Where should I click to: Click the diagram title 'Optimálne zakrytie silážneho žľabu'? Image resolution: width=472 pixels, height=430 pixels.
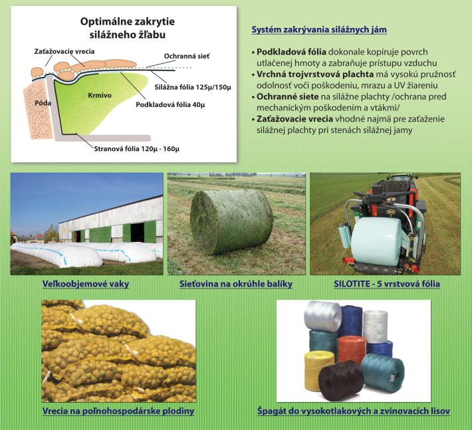(x=128, y=28)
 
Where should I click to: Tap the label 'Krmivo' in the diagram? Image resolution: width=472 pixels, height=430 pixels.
(x=100, y=96)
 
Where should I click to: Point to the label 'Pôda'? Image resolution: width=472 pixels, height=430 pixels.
(x=43, y=103)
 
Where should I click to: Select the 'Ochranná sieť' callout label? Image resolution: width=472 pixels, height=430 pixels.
(x=187, y=56)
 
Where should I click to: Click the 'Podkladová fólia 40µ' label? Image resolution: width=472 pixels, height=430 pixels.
(x=170, y=105)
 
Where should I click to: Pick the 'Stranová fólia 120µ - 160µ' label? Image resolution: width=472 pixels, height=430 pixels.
(x=137, y=149)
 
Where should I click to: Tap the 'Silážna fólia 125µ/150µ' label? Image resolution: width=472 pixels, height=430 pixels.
(x=193, y=87)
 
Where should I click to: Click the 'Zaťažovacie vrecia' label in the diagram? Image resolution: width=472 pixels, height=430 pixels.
(x=64, y=51)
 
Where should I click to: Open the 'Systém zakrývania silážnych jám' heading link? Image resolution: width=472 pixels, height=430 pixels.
(x=319, y=30)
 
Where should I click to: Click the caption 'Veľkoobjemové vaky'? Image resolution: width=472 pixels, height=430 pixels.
(x=86, y=284)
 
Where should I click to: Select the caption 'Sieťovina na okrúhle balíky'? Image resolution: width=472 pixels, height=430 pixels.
(x=236, y=284)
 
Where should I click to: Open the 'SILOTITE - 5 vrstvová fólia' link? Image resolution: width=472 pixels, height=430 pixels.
(x=387, y=284)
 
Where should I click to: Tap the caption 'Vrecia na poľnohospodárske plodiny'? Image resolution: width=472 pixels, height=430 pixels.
(x=118, y=411)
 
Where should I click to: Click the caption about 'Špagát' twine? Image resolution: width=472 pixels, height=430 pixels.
(x=354, y=411)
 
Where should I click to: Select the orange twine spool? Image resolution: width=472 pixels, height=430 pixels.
(x=352, y=349)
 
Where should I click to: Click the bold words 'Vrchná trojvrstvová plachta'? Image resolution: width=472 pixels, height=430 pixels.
(x=315, y=74)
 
